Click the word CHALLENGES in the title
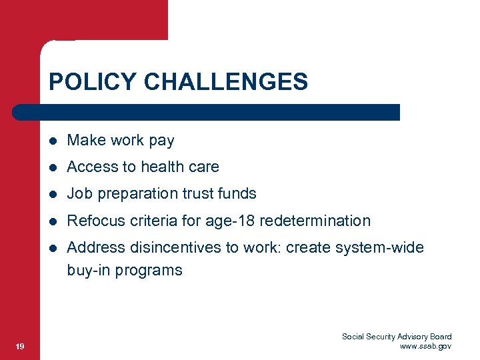click(x=226, y=82)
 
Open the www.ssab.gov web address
click(x=425, y=346)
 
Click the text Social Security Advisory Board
click(x=397, y=337)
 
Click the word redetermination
click(x=315, y=221)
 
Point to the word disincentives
click(x=173, y=247)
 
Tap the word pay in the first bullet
click(x=161, y=141)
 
